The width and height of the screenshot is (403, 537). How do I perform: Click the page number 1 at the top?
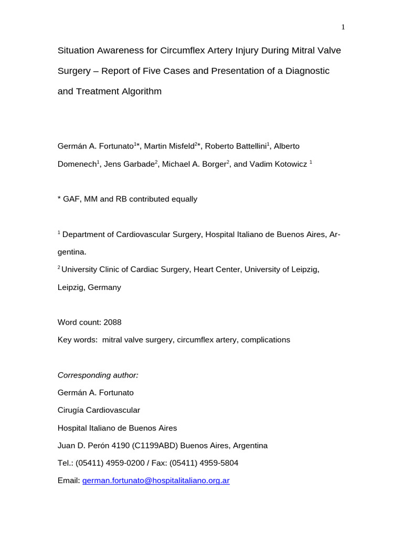[x=343, y=27]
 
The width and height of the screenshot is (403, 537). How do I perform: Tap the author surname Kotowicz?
[x=288, y=164]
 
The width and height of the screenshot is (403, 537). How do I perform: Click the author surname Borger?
[x=212, y=164]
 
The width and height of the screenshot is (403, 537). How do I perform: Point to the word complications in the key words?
[x=266, y=340]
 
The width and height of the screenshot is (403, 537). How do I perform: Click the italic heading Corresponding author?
[x=98, y=375]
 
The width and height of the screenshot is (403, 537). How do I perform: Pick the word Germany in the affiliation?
[x=104, y=287]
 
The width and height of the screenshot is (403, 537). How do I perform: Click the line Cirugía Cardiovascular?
[x=99, y=410]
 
